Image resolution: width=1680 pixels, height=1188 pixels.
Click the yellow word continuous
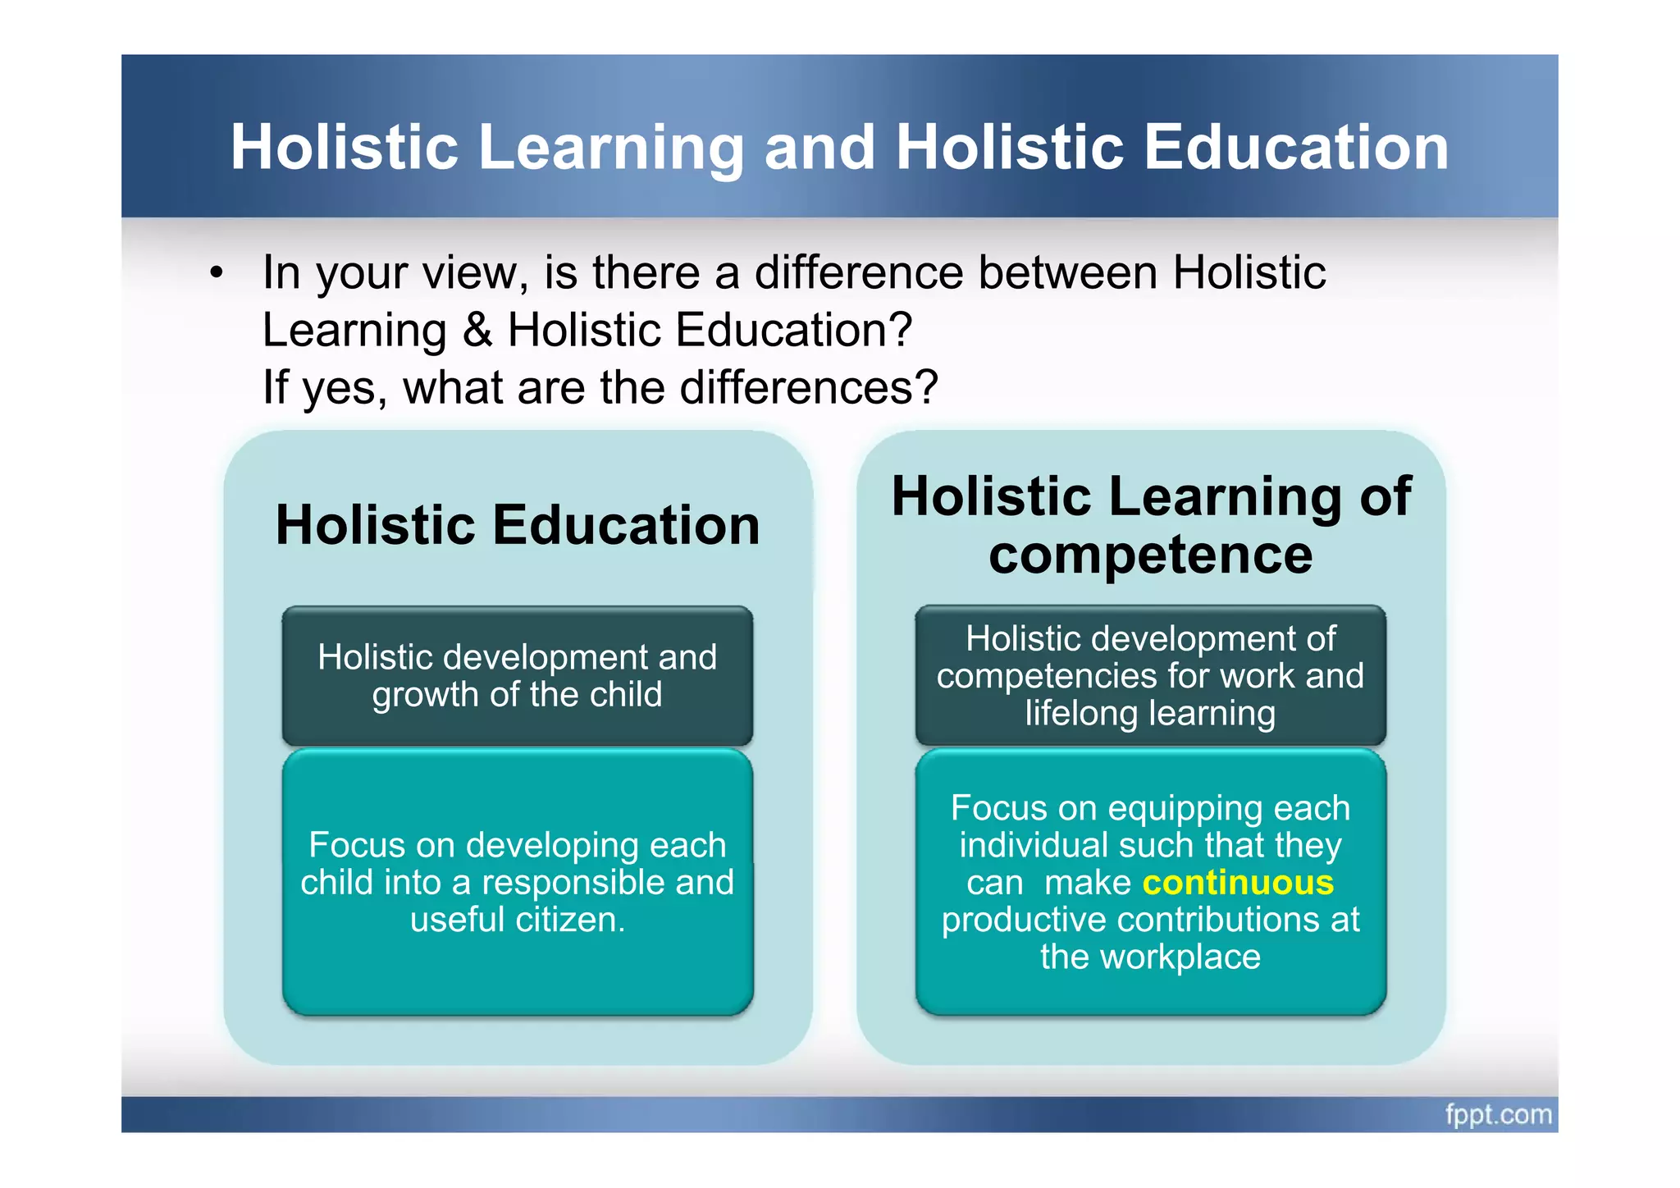point(1238,883)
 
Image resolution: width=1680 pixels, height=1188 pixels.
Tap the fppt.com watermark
point(1498,1115)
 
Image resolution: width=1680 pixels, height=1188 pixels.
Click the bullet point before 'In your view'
point(216,272)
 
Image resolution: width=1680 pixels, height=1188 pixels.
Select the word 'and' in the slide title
point(819,148)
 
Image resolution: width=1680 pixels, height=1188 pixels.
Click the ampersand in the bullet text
point(477,330)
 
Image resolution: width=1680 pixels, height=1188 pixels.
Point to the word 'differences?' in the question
point(809,387)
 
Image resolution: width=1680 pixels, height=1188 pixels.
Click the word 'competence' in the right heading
point(1150,555)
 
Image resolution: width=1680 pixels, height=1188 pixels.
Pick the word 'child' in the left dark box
point(625,695)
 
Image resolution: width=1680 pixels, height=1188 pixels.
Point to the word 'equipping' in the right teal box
point(1182,809)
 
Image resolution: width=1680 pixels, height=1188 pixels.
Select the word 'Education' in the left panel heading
point(626,525)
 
